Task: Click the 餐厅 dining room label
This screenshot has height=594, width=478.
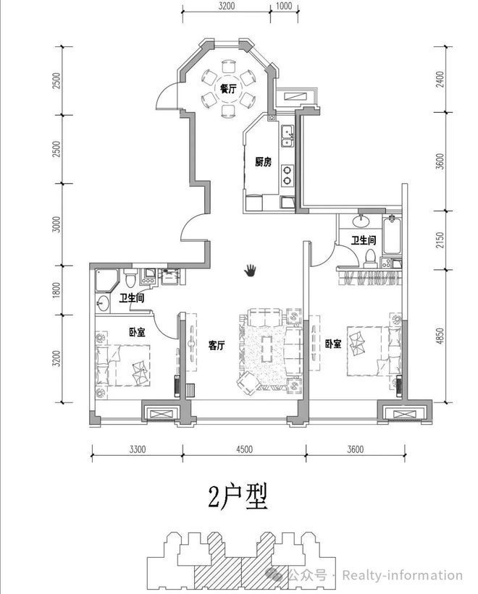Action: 228,89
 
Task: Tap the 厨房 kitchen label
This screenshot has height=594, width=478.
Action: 263,162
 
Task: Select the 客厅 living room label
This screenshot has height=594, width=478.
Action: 217,345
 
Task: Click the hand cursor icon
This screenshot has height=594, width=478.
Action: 250,271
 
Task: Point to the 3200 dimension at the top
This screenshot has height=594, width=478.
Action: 227,6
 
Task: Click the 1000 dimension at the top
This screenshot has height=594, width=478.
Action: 284,6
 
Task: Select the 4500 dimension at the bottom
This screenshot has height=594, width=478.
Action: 244,449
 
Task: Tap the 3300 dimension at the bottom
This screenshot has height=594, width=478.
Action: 137,449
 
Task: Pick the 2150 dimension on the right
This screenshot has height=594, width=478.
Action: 440,240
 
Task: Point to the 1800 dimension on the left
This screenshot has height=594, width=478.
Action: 56,290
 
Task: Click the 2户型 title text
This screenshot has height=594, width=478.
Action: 238,496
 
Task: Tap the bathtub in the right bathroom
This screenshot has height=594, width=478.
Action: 392,235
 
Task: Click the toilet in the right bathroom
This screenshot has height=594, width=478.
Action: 369,256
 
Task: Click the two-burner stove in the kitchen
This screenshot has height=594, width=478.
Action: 287,175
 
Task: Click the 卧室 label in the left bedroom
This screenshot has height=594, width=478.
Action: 137,332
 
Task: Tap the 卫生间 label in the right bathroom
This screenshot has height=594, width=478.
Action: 363,240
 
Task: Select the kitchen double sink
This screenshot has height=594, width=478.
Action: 287,135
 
